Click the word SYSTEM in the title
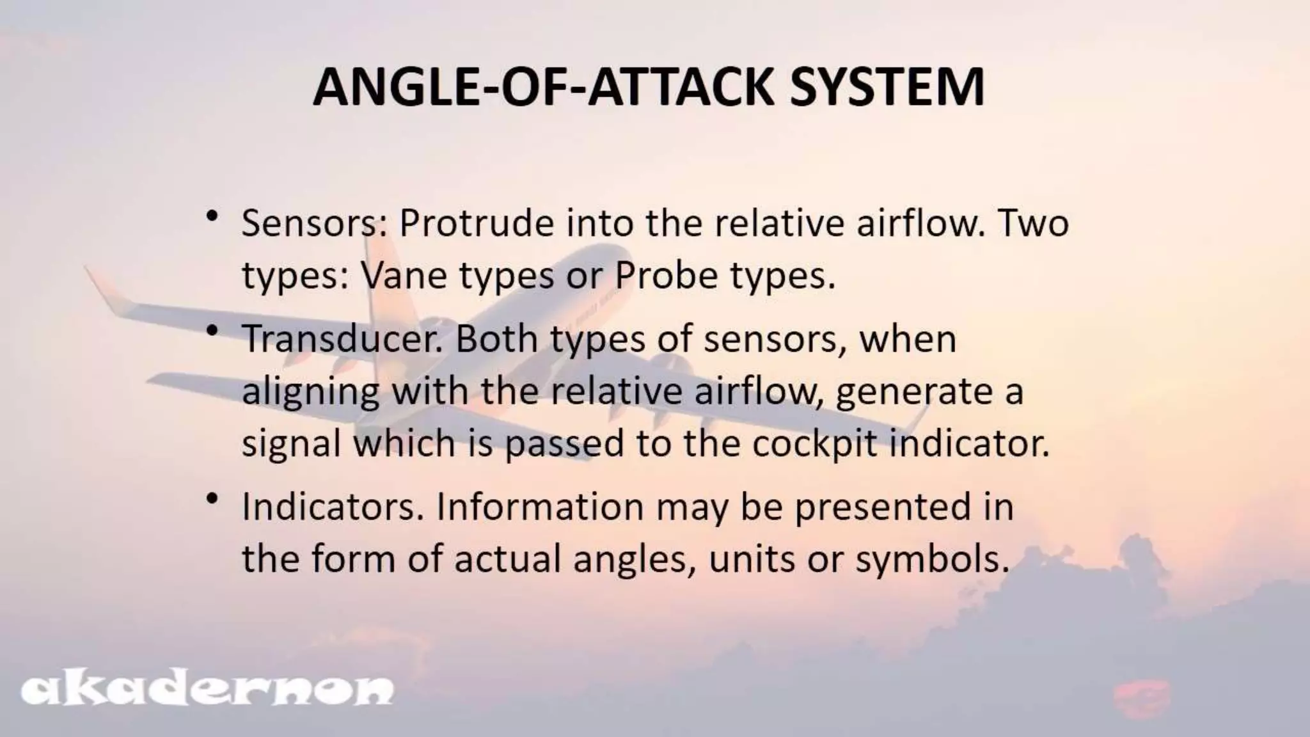click(x=887, y=87)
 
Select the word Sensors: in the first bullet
click(x=314, y=223)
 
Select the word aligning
click(x=311, y=392)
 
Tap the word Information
click(x=540, y=507)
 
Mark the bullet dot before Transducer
click(x=213, y=331)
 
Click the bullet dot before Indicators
click(x=213, y=498)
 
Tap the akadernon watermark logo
click(x=207, y=690)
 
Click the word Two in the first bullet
click(x=1034, y=223)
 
